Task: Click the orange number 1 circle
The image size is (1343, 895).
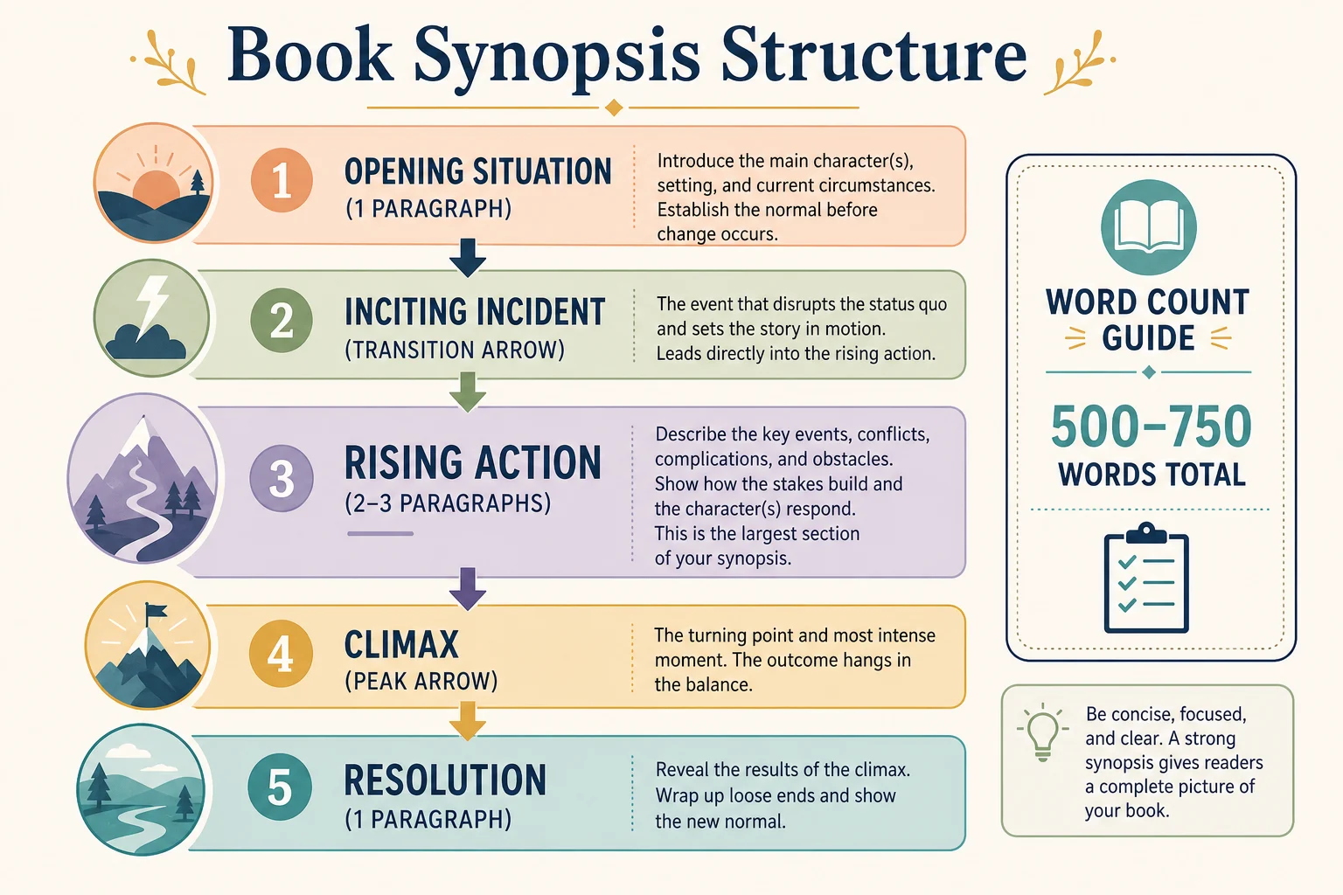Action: [282, 180]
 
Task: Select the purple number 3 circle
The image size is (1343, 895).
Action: [282, 478]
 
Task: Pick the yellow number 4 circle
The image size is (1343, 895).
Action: [281, 654]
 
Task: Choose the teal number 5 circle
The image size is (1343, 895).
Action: [280, 787]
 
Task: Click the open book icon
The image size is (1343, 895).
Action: [1149, 227]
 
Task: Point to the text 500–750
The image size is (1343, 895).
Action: [1152, 427]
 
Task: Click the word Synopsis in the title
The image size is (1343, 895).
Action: [556, 58]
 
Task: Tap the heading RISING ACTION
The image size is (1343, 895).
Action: [472, 462]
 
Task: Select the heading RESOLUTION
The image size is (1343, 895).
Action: [445, 780]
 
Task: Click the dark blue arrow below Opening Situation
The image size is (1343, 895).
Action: [468, 258]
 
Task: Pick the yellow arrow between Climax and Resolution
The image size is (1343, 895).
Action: [468, 721]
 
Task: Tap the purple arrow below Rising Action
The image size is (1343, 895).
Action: [468, 589]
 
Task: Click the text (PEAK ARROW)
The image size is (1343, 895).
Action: [421, 681]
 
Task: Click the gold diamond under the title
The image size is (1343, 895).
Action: [614, 108]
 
